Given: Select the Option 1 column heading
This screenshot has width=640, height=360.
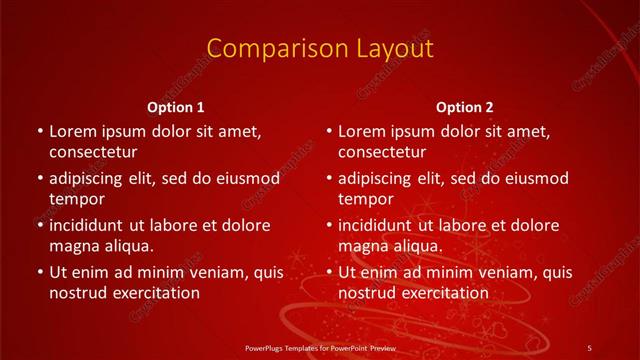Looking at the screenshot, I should pyautogui.click(x=176, y=107).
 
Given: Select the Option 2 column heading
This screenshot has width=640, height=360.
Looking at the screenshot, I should pyautogui.click(x=465, y=107).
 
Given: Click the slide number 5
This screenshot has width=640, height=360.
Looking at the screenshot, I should pyautogui.click(x=589, y=347).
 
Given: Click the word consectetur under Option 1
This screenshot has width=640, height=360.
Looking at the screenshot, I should pyautogui.click(x=93, y=152).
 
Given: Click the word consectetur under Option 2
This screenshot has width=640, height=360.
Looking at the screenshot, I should pyautogui.click(x=382, y=152).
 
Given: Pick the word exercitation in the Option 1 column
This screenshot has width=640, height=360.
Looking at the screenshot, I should pyautogui.click(x=156, y=293).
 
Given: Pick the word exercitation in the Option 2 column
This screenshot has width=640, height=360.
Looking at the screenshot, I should pyautogui.click(x=445, y=293).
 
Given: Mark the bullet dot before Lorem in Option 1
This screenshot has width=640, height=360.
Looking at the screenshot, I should pyautogui.click(x=39, y=131).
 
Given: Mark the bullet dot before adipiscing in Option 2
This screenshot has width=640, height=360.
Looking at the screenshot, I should pyautogui.click(x=328, y=178).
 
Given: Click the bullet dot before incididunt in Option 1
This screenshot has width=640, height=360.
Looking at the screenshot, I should pyautogui.click(x=39, y=225).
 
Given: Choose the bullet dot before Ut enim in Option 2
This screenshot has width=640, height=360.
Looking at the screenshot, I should pyautogui.click(x=328, y=272).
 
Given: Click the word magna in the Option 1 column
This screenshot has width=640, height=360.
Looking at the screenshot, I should pyautogui.click(x=72, y=245).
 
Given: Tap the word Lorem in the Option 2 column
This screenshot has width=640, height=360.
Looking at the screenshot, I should pyautogui.click(x=361, y=131).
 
